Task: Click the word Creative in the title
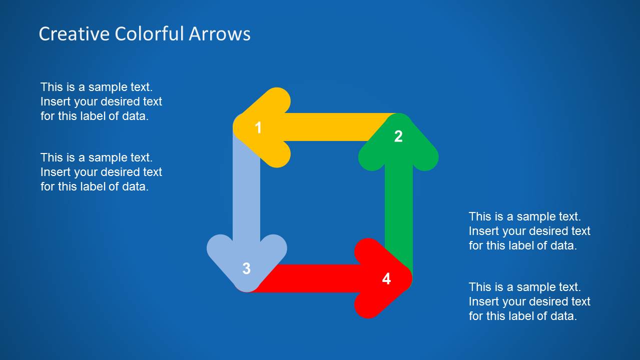[x=74, y=34]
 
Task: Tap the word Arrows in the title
[x=220, y=34]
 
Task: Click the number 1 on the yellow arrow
[x=258, y=128]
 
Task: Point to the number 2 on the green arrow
[x=398, y=136]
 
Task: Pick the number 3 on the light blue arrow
[x=246, y=268]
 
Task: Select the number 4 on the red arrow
[x=386, y=278]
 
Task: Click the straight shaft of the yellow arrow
[x=330, y=127]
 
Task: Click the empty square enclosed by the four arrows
[x=322, y=202]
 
